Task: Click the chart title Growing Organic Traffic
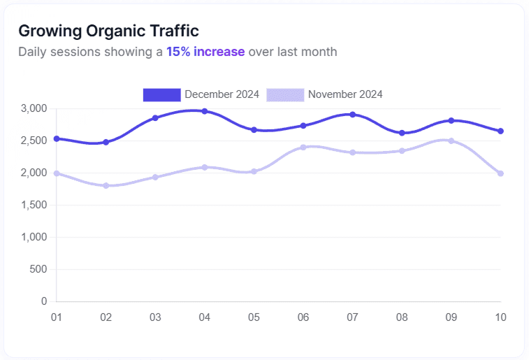[x=108, y=31]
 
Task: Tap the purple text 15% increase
[x=205, y=52]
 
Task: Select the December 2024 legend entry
[x=201, y=94]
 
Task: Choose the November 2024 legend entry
[x=325, y=94]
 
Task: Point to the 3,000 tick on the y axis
[x=34, y=108]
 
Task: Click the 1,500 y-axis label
[x=34, y=205]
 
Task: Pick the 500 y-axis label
[x=39, y=269]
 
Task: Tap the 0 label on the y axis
[x=44, y=301]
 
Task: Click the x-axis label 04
[x=205, y=317]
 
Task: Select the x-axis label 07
[x=352, y=317]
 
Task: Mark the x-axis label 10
[x=500, y=317]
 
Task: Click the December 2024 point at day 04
[x=205, y=111]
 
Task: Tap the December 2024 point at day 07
[x=353, y=115]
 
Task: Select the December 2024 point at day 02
[x=106, y=142]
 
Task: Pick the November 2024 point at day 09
[x=451, y=141]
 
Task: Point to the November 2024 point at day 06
[x=303, y=147]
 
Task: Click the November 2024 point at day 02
[x=106, y=186]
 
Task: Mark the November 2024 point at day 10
[x=500, y=173]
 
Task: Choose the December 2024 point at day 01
[x=57, y=138]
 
